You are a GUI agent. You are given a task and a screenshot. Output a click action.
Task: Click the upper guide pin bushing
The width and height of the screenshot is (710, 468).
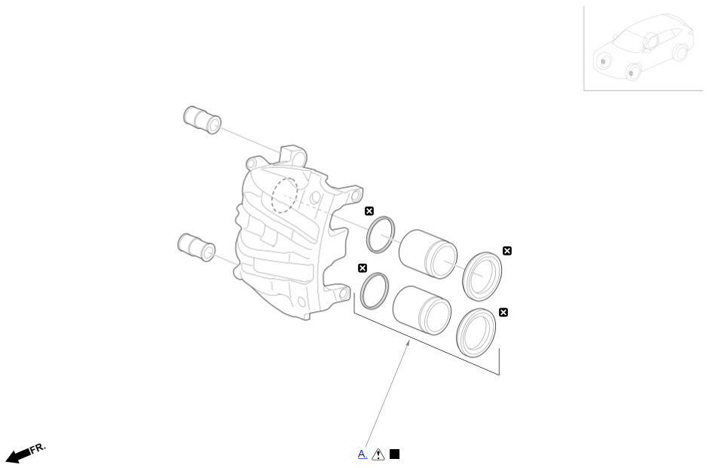pyautogui.click(x=201, y=120)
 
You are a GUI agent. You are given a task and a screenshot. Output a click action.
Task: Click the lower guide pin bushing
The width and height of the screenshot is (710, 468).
pyautogui.click(x=196, y=246)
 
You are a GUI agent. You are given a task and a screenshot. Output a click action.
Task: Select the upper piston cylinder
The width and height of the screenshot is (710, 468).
pyautogui.click(x=427, y=252)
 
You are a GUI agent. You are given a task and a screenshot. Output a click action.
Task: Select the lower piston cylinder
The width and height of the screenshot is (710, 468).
pyautogui.click(x=422, y=309)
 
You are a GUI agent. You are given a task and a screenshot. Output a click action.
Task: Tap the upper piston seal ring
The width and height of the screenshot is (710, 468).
pyautogui.click(x=381, y=235)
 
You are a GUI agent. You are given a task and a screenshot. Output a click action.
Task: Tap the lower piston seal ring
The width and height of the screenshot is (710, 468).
pyautogui.click(x=375, y=291)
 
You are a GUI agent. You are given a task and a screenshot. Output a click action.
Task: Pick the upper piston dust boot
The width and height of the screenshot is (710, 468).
pyautogui.click(x=482, y=277)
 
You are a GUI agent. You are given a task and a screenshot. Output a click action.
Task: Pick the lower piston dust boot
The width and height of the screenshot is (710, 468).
pyautogui.click(x=476, y=332)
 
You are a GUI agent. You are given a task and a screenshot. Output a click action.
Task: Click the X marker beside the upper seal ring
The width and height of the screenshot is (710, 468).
pyautogui.click(x=369, y=211)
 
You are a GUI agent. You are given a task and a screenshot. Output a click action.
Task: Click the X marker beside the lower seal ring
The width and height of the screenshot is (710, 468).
pyautogui.click(x=363, y=268)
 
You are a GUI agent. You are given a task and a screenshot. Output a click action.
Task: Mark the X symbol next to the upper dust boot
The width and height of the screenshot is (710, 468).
pyautogui.click(x=507, y=251)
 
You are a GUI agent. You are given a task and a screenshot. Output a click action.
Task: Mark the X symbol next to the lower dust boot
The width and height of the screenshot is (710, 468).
pyautogui.click(x=503, y=312)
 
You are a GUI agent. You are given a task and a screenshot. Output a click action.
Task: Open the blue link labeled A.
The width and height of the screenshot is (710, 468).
pyautogui.click(x=363, y=454)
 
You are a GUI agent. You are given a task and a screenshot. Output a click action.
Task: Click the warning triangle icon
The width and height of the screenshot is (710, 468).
pyautogui.click(x=378, y=454)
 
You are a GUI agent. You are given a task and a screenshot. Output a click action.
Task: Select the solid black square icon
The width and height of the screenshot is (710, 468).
pyautogui.click(x=394, y=454)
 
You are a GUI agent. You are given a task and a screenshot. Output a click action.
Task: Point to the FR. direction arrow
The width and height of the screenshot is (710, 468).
pyautogui.click(x=26, y=453)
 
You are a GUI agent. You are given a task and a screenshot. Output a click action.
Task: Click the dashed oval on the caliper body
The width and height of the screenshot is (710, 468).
pyautogui.click(x=284, y=194)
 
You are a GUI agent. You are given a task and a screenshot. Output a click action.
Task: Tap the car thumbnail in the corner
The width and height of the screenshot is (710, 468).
pyautogui.click(x=643, y=48)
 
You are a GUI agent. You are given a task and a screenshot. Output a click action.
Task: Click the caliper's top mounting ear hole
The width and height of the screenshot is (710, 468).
pyautogui.click(x=295, y=157)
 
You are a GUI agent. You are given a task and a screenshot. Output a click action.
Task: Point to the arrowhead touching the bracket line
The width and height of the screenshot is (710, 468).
pyautogui.click(x=409, y=343)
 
